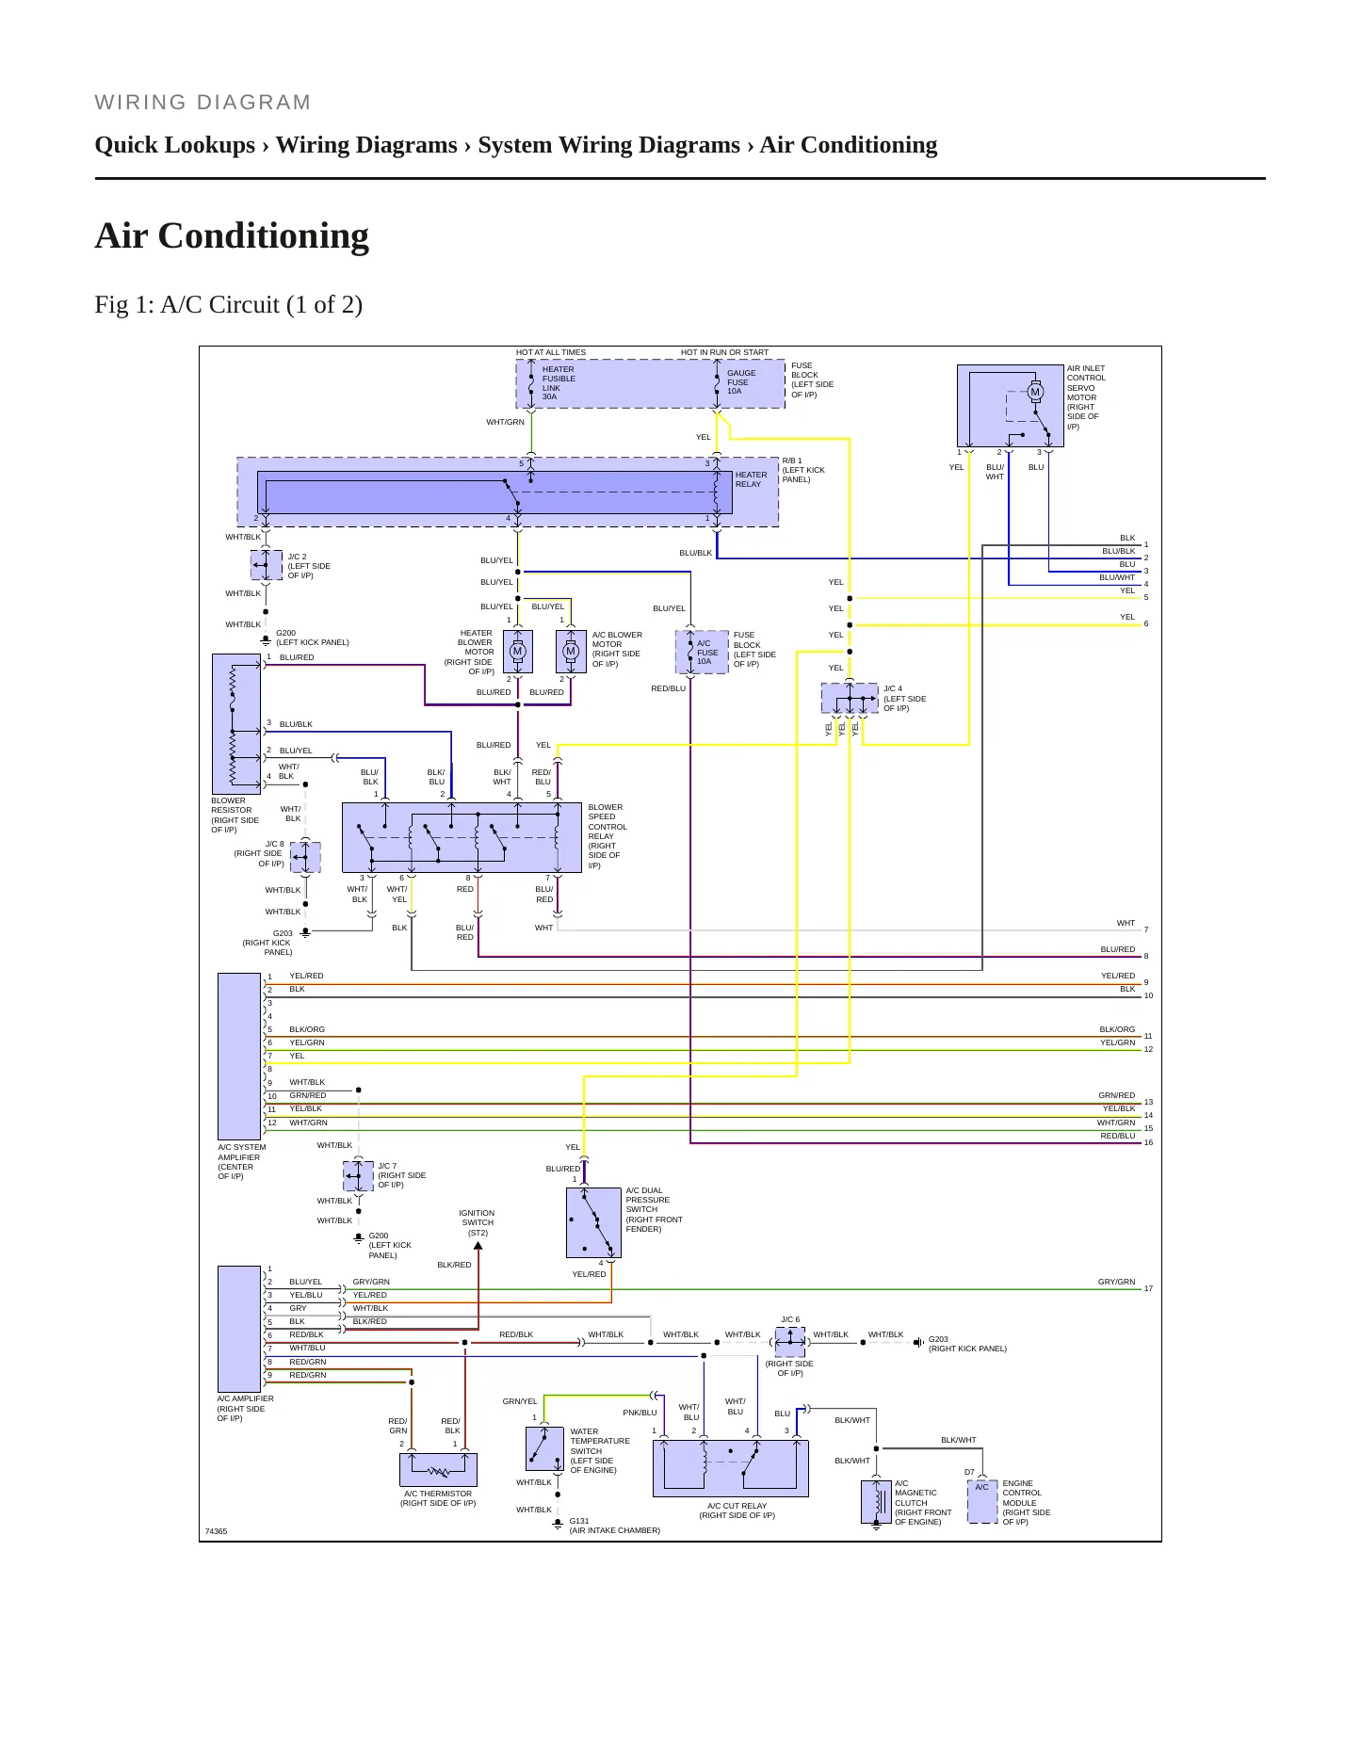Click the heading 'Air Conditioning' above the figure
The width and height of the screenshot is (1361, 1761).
coord(232,235)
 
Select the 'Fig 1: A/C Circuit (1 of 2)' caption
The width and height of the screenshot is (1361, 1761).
coord(229,304)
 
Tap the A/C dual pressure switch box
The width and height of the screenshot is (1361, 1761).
coord(593,1222)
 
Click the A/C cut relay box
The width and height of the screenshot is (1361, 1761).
coord(731,1468)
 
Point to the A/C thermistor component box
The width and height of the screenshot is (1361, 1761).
coord(438,1470)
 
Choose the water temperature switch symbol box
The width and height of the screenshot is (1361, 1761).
coord(544,1448)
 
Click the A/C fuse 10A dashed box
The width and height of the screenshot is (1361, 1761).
coord(703,652)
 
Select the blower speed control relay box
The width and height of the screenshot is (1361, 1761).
coord(462,837)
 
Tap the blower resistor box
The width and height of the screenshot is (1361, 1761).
coord(236,724)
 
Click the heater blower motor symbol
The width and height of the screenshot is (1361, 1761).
coord(517,652)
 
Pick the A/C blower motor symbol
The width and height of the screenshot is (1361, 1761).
coord(571,652)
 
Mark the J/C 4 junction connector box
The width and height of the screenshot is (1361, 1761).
coord(850,699)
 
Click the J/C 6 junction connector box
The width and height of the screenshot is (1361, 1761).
coord(790,1342)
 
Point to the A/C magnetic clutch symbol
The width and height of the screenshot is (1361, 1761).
coord(876,1502)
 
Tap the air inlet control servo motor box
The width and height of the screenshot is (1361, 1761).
coord(1011,406)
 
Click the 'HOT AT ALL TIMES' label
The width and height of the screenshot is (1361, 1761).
coord(551,352)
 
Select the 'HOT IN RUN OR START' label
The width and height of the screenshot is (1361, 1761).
coord(724,352)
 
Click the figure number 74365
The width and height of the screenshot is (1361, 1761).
coord(217,1531)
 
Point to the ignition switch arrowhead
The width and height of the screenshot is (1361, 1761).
coord(478,1246)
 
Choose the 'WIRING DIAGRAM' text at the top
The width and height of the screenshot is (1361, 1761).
coord(203,103)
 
